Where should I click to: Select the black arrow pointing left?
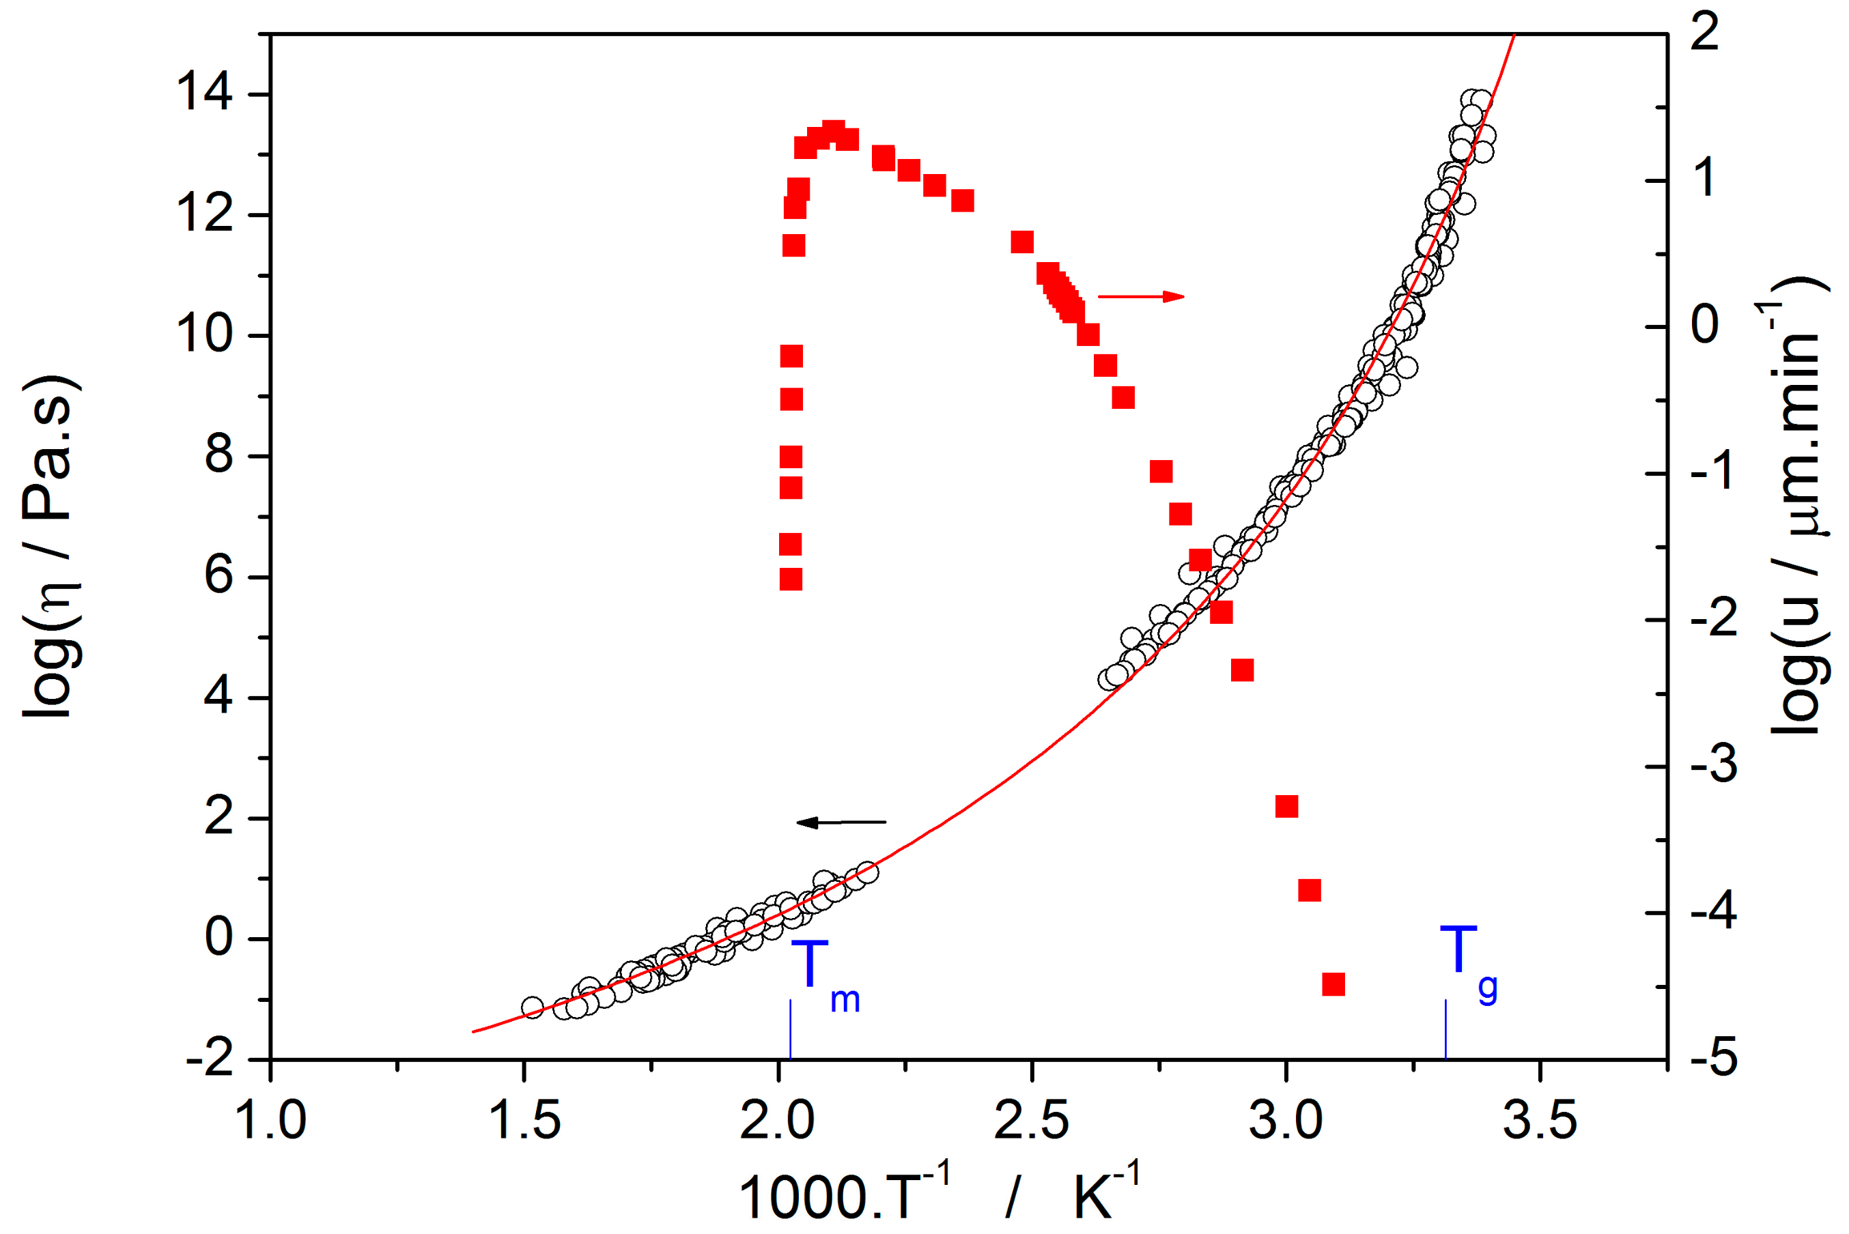[841, 822]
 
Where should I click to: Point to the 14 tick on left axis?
[204, 93]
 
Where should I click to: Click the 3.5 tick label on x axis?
[1540, 1121]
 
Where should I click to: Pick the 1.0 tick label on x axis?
[271, 1121]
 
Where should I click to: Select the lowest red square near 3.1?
[1333, 984]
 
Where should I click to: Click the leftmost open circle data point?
[533, 1007]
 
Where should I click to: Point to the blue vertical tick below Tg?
[1445, 1029]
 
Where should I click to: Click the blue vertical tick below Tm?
[790, 1029]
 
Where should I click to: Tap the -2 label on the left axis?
[210, 1060]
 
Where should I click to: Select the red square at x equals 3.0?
[1286, 807]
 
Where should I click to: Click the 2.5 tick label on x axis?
[1031, 1121]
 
